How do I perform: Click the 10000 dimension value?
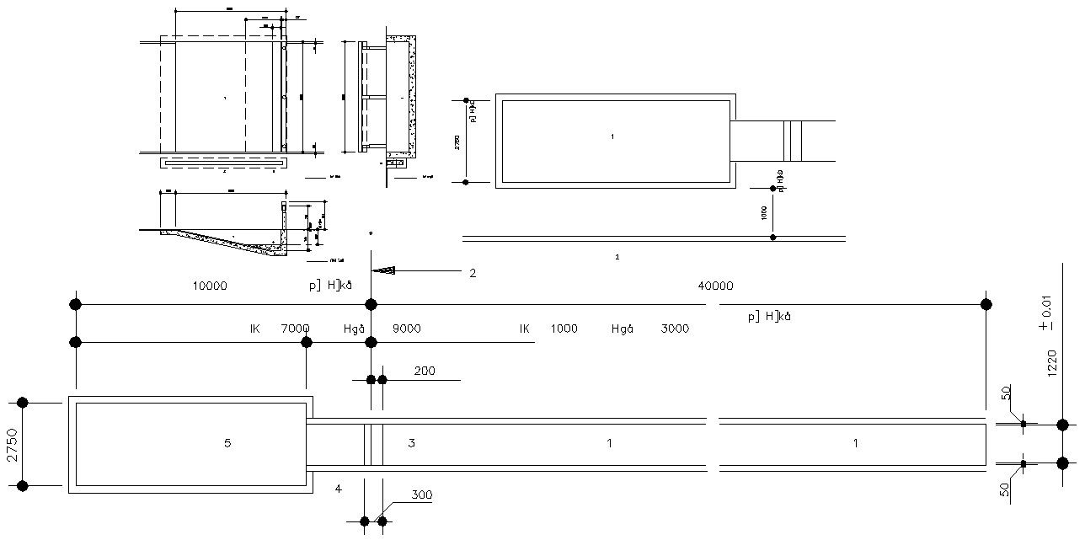(x=210, y=286)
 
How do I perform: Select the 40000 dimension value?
(x=715, y=286)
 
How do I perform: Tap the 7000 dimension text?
(x=295, y=329)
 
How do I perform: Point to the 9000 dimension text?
(x=407, y=329)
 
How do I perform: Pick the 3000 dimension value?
(x=674, y=329)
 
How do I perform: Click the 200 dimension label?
(x=425, y=371)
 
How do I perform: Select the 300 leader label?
(x=422, y=495)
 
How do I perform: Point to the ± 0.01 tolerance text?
(x=1045, y=312)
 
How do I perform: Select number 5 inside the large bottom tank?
(x=227, y=443)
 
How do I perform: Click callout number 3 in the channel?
(x=411, y=443)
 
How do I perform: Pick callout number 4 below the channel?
(x=338, y=489)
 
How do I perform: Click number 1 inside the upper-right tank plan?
(x=612, y=136)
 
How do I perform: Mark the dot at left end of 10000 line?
(x=76, y=304)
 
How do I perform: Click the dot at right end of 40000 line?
(x=986, y=304)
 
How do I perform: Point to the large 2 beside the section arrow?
(x=473, y=273)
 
